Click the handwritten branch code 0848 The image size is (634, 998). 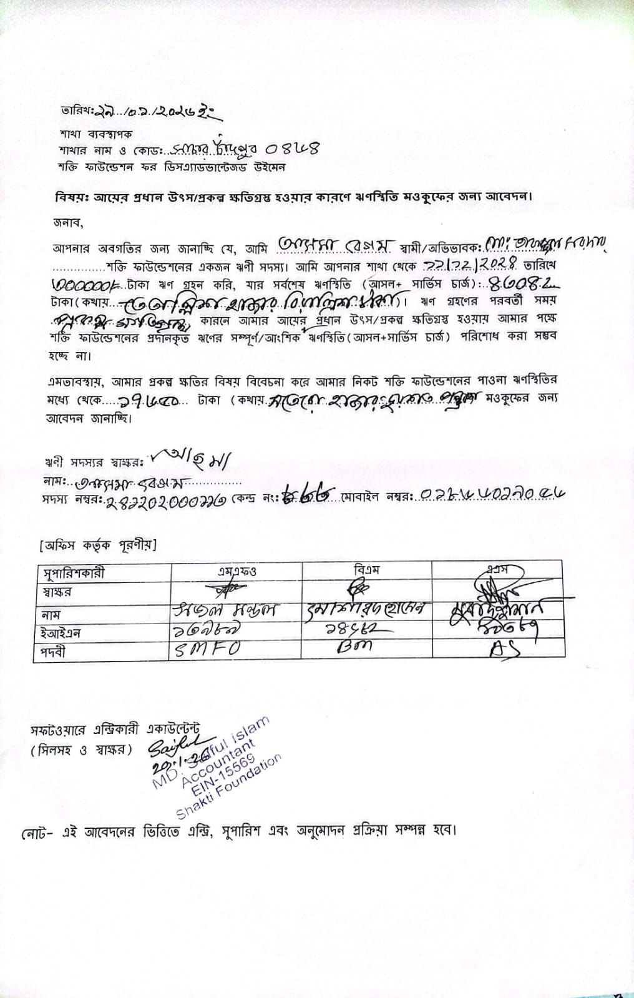tap(293, 149)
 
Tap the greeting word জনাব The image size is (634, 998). tap(67, 222)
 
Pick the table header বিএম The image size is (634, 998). tap(366, 569)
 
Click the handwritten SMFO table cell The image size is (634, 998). tap(207, 649)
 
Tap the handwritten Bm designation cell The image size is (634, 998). tap(354, 647)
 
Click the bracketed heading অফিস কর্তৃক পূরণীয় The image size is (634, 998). tap(97, 545)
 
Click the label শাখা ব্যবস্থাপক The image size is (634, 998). tap(96, 134)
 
